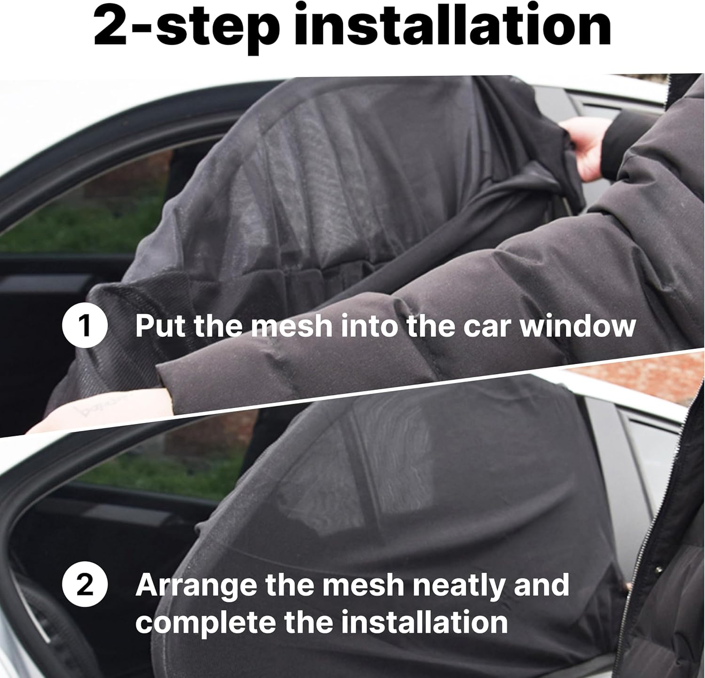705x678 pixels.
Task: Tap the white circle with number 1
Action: pyautogui.click(x=85, y=326)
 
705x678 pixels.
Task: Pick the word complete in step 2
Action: pyautogui.click(x=205, y=623)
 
